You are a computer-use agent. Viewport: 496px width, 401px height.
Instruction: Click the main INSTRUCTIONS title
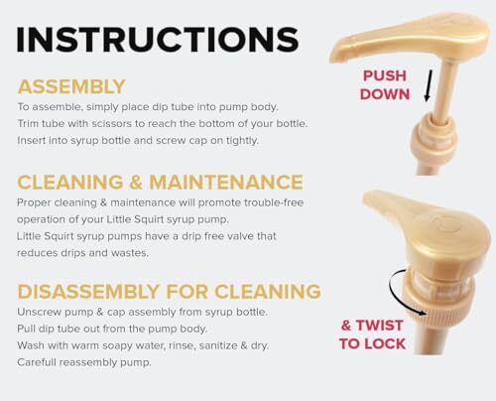[x=158, y=40]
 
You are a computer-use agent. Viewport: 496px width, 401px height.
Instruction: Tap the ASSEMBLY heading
[x=71, y=86]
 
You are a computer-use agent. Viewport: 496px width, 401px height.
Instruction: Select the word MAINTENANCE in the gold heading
[x=226, y=182]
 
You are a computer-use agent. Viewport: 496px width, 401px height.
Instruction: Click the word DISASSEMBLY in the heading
[x=88, y=292]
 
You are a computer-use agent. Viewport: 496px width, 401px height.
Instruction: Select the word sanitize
[x=218, y=345]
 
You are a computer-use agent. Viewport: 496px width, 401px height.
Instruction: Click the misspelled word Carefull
[x=37, y=362]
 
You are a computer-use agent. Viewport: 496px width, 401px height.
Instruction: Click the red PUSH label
[x=385, y=75]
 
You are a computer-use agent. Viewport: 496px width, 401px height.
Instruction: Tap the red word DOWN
[x=385, y=94]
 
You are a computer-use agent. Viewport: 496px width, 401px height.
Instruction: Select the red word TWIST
[x=379, y=326]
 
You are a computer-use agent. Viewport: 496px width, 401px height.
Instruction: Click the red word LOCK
[x=386, y=344]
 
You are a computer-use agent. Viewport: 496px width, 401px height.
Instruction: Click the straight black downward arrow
[x=429, y=85]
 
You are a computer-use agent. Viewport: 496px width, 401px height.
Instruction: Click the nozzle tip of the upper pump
[x=334, y=56]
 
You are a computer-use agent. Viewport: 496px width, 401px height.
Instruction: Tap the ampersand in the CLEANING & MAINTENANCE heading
[x=136, y=183]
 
